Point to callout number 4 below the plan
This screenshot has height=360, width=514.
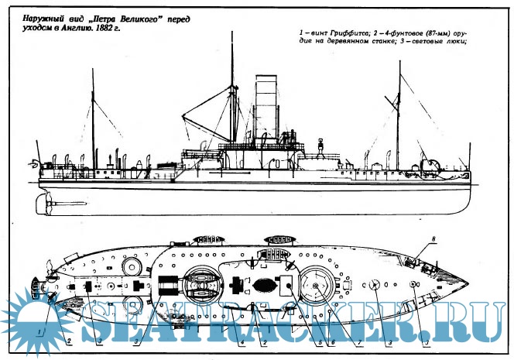coord(242,338)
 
